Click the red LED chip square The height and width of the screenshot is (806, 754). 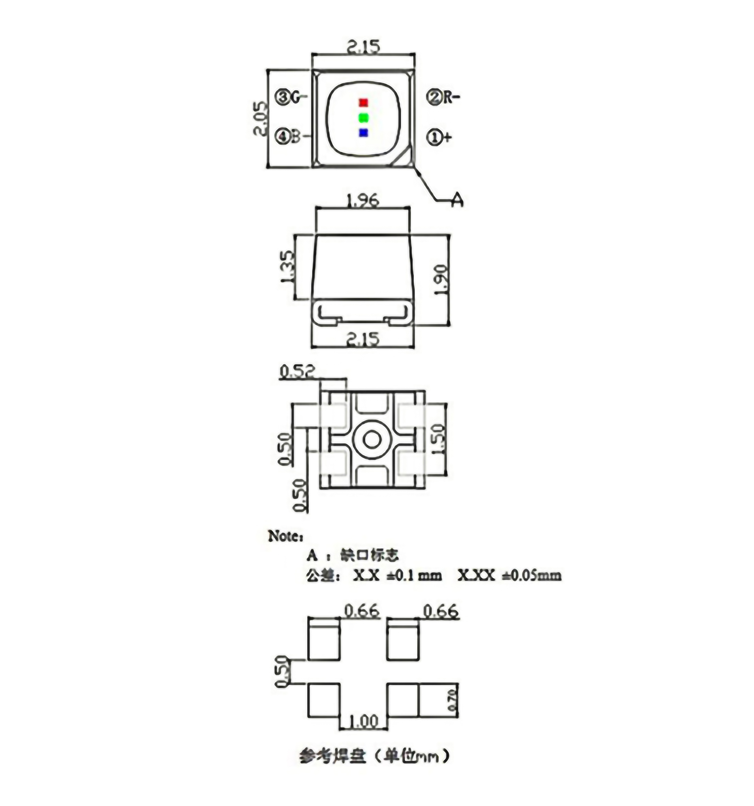pos(364,102)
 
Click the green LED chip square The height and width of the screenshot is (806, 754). pos(364,118)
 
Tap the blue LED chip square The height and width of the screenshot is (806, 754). pos(364,133)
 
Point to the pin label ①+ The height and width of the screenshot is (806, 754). pos(439,137)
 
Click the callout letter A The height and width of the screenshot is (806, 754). pos(457,200)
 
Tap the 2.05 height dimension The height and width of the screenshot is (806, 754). pos(260,118)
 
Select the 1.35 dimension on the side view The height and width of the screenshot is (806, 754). pos(287,267)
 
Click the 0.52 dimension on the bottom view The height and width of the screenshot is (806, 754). pos(297,371)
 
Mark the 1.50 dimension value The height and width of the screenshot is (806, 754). pos(439,439)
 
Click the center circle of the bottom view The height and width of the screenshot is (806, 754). pos(371,439)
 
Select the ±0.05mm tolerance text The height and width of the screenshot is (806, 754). pos(532,575)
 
